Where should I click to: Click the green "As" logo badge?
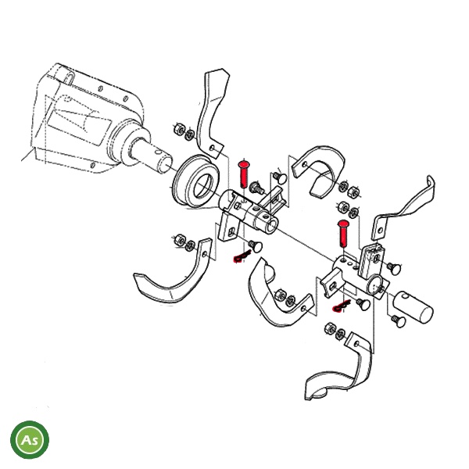coord(30,439)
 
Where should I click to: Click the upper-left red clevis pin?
coord(244,174)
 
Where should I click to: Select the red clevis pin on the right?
coord(343,234)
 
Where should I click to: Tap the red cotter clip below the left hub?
coord(242,256)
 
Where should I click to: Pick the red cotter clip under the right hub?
coord(342,306)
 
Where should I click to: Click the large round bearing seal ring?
coord(196,181)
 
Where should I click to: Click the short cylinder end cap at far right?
coord(413,307)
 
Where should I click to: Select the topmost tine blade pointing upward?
coord(213,113)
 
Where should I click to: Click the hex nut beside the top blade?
coord(180,129)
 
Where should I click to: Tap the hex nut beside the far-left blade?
coord(180,240)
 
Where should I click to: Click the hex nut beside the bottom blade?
coord(331,328)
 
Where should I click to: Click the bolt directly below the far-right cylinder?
coord(399,320)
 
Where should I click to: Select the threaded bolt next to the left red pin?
coord(257,188)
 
